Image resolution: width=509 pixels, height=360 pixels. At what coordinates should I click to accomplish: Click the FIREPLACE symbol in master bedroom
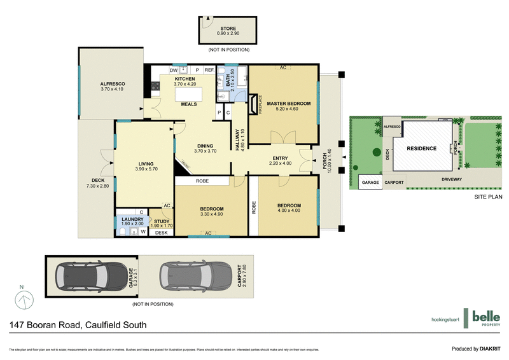click(256, 103)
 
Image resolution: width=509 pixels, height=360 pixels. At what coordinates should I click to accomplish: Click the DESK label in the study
click(161, 233)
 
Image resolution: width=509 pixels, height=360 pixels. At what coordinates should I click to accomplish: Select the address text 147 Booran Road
click(78, 325)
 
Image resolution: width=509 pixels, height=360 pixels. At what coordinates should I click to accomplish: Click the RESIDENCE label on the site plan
click(422, 148)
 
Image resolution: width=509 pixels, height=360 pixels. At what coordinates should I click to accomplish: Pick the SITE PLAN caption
click(489, 197)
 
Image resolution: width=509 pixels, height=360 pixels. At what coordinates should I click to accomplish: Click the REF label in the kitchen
click(208, 70)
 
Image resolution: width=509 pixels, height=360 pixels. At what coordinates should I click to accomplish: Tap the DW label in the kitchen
click(173, 70)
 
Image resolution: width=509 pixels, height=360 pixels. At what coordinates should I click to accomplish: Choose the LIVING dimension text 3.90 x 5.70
click(146, 169)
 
